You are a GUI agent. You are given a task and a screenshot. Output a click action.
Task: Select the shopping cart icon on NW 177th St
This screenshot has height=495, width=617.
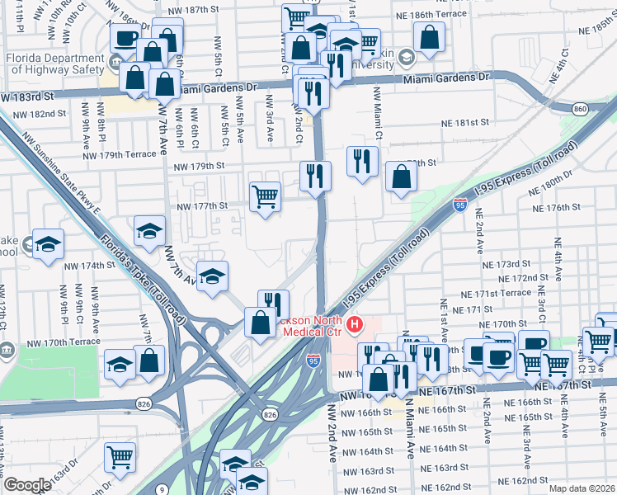pyautogui.click(x=265, y=196)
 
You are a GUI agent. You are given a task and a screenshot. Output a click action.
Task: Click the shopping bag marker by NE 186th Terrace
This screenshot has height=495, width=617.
pyautogui.click(x=429, y=37)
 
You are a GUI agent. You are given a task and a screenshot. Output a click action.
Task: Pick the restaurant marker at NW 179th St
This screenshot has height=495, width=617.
pyautogui.click(x=315, y=176)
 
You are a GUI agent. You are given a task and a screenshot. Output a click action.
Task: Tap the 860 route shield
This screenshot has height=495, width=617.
pyautogui.click(x=580, y=108)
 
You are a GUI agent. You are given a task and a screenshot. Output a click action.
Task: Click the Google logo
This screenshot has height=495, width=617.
pyautogui.click(x=27, y=485)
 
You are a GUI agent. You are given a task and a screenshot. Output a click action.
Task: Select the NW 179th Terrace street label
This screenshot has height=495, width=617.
pyautogui.click(x=120, y=154)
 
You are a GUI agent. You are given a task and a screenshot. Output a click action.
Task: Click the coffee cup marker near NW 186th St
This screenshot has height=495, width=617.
pyautogui.click(x=125, y=37)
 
